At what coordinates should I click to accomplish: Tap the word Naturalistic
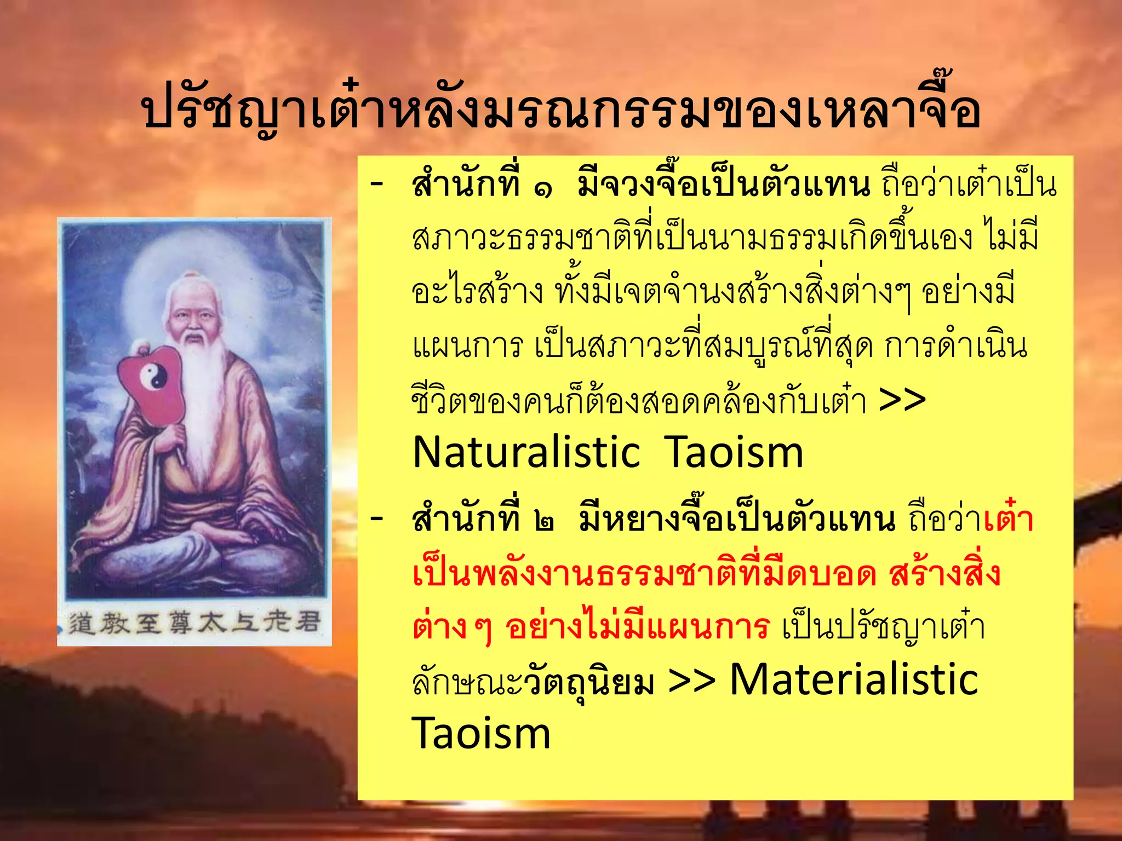[x=526, y=453]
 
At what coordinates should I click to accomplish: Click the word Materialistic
[x=854, y=679]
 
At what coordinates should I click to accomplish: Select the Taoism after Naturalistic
[x=734, y=453]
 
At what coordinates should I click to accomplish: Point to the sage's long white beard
[x=204, y=394]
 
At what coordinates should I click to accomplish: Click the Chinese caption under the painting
[x=194, y=623]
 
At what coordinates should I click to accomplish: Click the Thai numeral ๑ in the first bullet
[x=542, y=189]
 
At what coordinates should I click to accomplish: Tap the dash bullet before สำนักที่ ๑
[x=377, y=183]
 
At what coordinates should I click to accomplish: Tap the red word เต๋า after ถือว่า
[x=1007, y=519]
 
